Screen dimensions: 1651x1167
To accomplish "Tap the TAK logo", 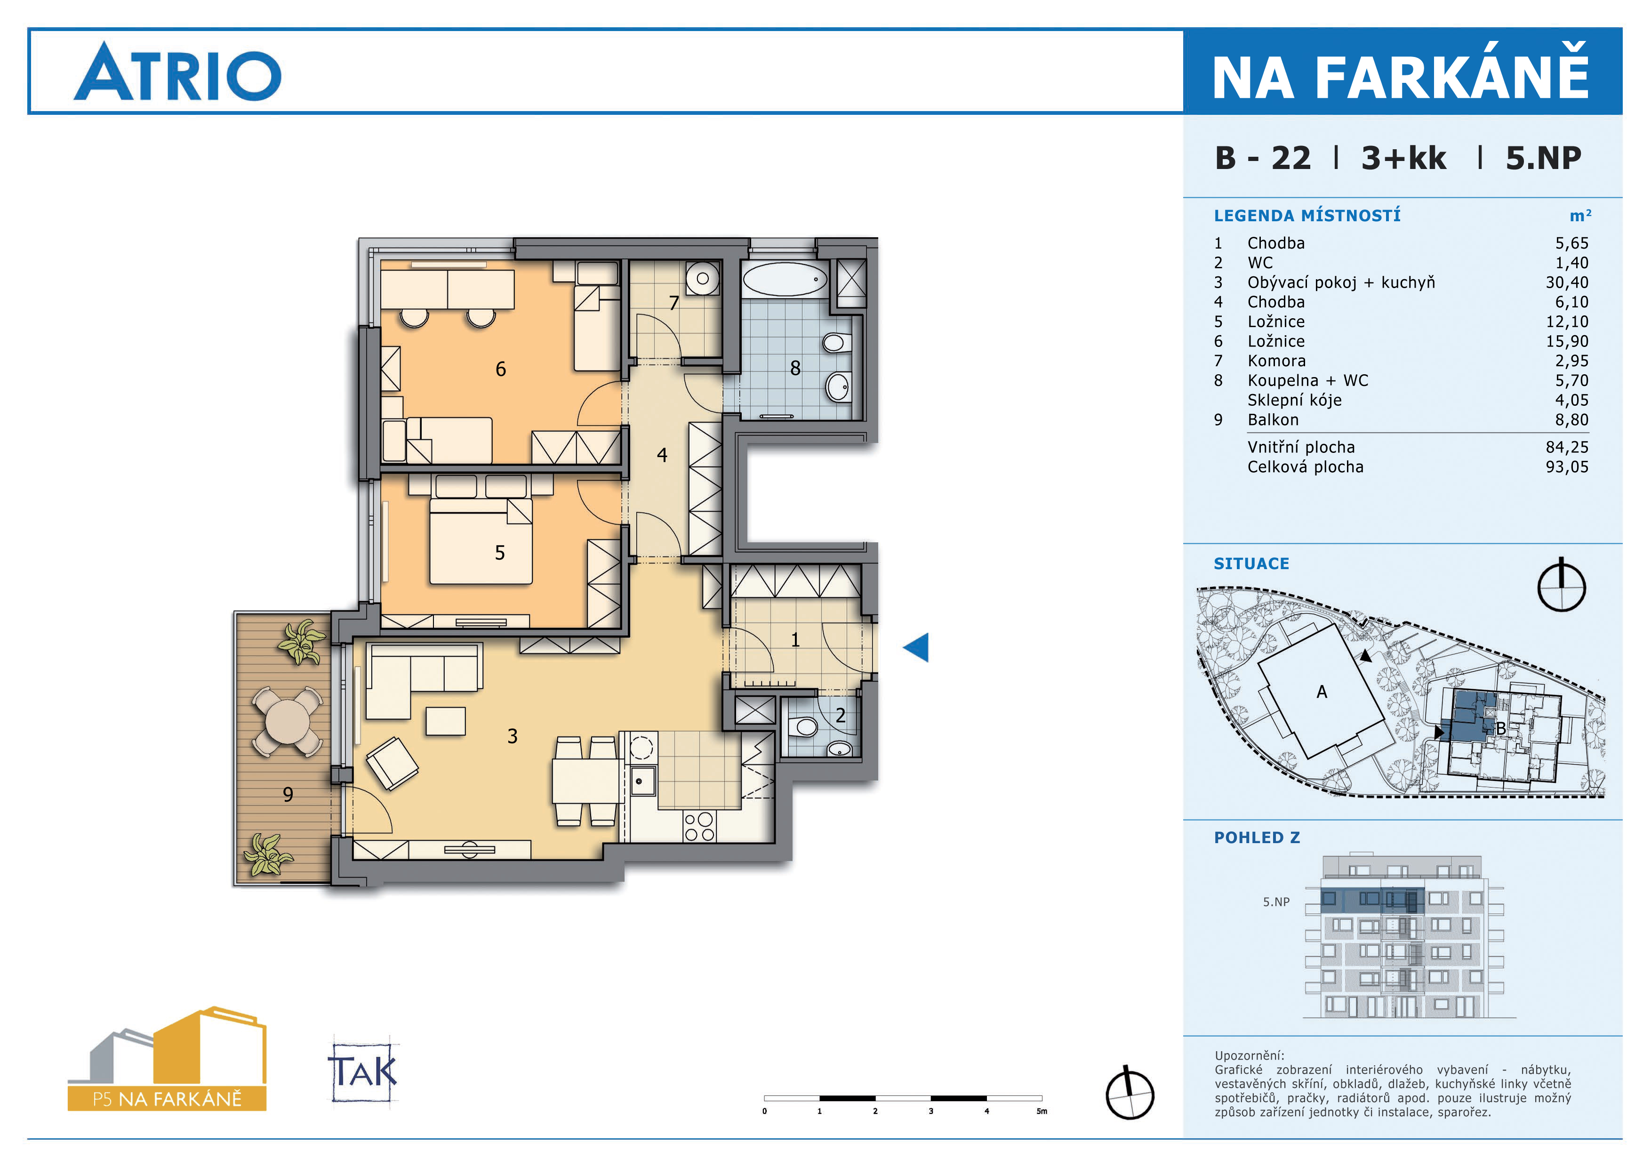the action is (363, 1072).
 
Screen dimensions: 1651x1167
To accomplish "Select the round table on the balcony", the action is (287, 722).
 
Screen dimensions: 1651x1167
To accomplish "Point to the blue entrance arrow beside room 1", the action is (916, 647).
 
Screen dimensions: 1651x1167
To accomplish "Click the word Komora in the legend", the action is (1276, 361).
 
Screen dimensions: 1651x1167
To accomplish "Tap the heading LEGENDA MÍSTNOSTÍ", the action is (1307, 215).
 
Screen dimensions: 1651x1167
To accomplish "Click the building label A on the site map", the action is (1322, 692).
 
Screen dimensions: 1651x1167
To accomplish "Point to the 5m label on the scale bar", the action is (1041, 1111).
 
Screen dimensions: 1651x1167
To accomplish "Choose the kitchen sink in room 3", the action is (642, 781).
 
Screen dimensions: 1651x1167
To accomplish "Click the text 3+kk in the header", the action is (1403, 158).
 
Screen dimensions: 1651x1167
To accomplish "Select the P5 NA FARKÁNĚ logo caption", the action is (167, 1099).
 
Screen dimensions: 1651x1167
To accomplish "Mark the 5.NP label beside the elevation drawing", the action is (1276, 901).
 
